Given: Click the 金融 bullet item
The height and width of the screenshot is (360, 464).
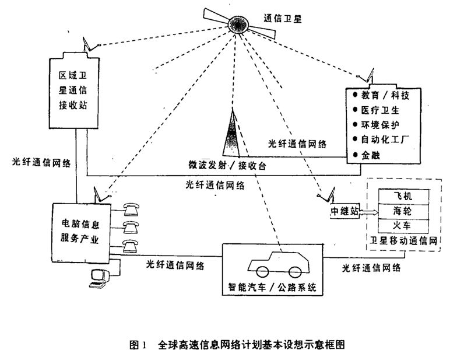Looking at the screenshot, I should coord(372,155).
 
